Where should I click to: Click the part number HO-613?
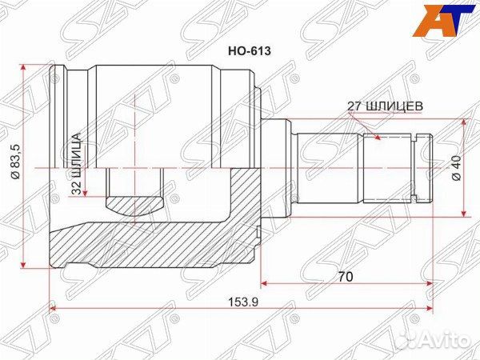point(250,50)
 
